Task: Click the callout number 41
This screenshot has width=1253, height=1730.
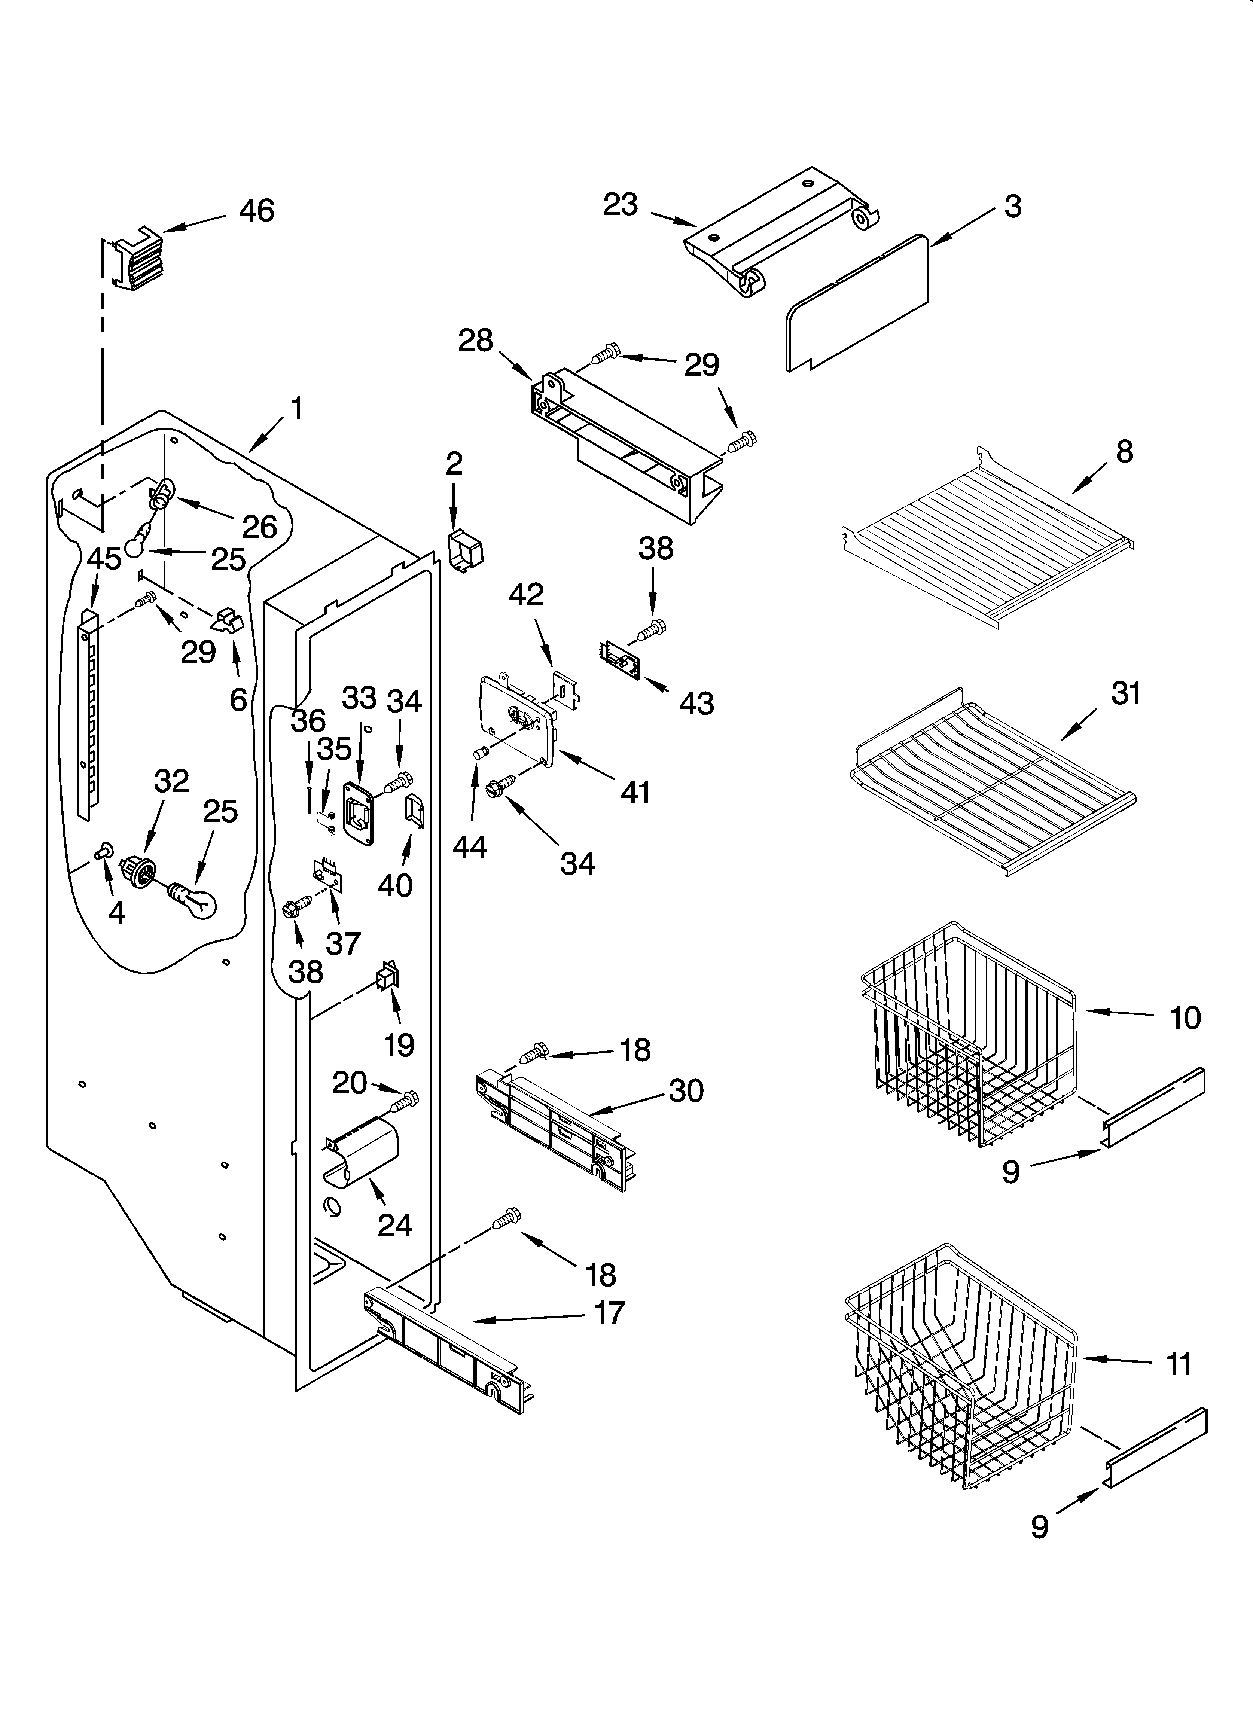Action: (635, 793)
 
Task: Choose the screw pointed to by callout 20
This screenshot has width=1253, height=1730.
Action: (406, 1100)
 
